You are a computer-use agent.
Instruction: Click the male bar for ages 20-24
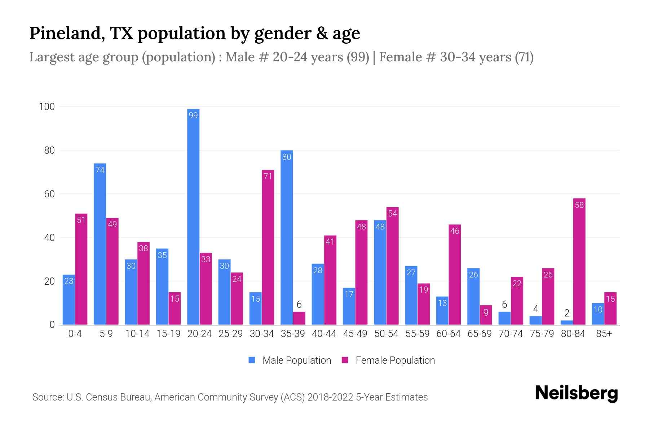coord(193,216)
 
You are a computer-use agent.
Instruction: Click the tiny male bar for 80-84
coord(567,323)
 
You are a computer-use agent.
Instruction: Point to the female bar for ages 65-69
coord(486,315)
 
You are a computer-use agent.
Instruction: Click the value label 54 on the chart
coord(393,213)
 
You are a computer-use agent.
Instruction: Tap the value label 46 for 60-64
coord(455,231)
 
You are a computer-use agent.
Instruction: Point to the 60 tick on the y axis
coord(49,194)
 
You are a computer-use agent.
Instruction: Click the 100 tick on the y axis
coord(47,107)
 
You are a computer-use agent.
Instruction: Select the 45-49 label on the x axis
coord(355,334)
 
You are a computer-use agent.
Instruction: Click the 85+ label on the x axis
coord(604,334)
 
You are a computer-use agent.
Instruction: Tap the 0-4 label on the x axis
coord(75,334)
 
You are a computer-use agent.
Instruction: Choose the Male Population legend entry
coord(290,360)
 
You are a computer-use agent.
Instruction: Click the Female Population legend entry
coord(388,360)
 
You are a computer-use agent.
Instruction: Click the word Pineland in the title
coord(67,33)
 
